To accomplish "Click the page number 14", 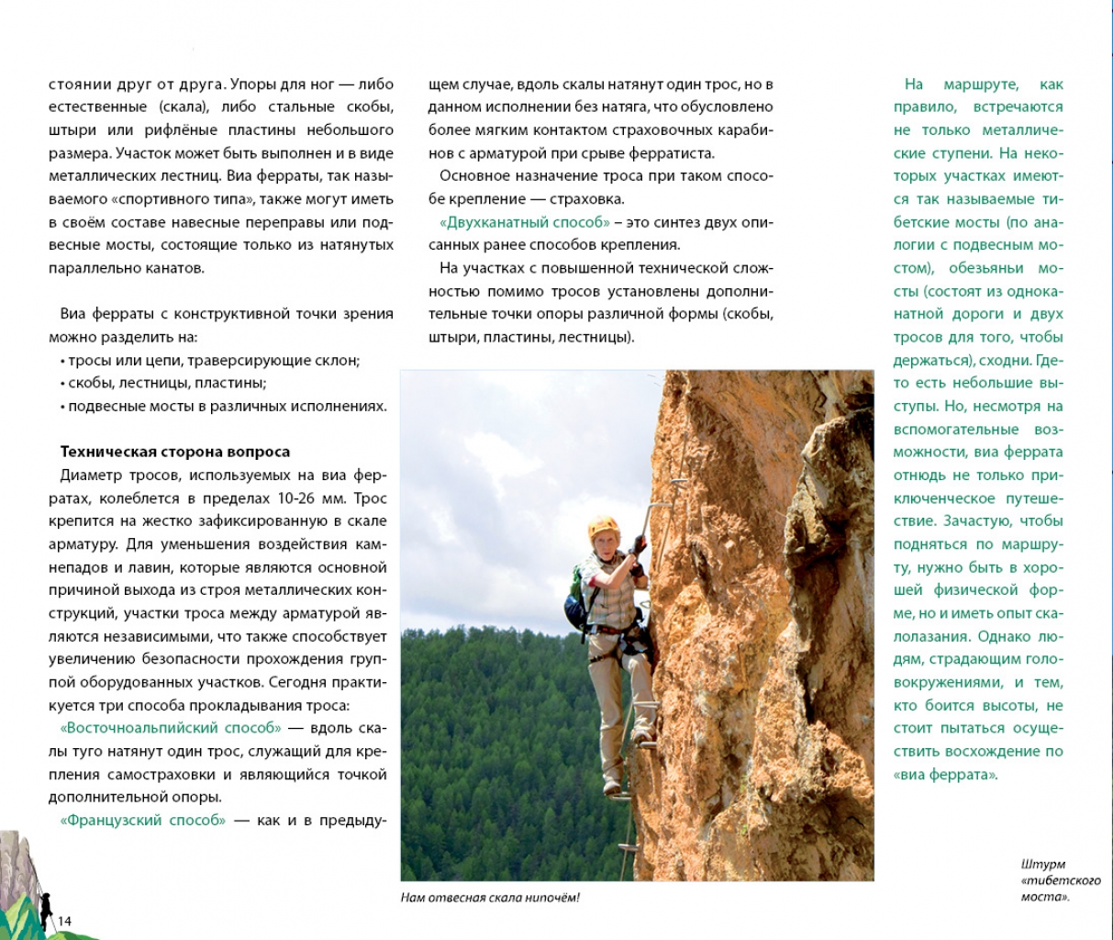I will pos(64,921).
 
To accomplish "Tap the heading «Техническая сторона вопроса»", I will pos(174,452).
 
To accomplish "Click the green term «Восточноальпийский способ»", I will pos(171,729).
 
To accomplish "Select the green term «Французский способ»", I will pos(142,821).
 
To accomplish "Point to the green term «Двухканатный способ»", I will pos(525,222).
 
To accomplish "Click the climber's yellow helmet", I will pos(603,526).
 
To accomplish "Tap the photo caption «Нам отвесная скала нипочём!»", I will pos(491,898).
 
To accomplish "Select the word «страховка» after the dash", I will pos(593,198).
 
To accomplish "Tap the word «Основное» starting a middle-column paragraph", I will pos(474,176).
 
